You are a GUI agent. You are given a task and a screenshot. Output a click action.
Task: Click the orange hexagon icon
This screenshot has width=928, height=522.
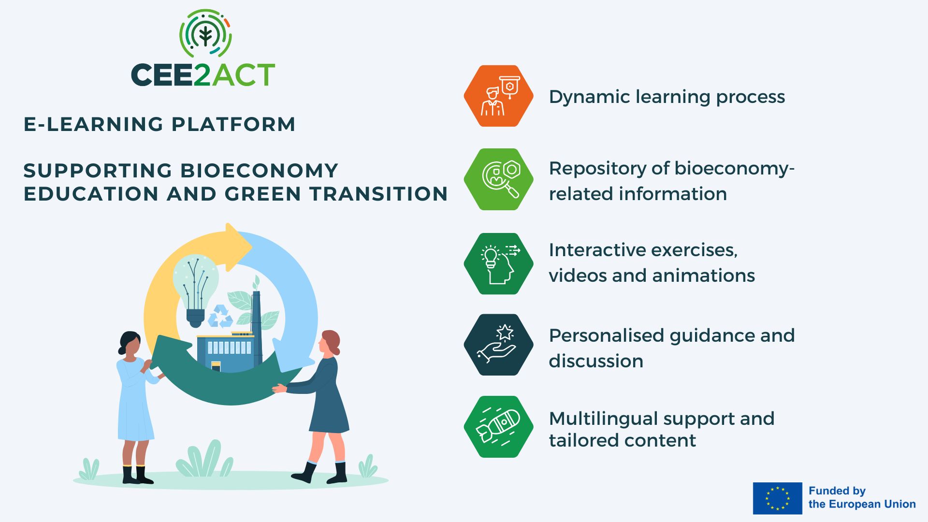(498, 96)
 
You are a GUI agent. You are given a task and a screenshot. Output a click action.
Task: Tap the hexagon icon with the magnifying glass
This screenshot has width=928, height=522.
(498, 179)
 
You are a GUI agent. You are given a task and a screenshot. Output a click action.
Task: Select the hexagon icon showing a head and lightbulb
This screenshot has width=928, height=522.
(498, 263)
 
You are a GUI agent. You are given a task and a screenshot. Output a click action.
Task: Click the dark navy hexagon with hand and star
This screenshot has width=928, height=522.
(498, 345)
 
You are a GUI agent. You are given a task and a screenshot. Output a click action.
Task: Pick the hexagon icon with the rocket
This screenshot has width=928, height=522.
(498, 427)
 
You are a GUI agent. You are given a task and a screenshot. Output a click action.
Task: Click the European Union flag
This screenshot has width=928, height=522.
(777, 498)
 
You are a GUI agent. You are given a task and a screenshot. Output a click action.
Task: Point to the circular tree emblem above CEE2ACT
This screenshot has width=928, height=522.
(205, 33)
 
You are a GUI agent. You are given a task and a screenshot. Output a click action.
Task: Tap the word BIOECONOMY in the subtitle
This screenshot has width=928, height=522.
(259, 171)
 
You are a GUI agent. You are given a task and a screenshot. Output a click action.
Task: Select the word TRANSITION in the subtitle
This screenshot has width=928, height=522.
(378, 194)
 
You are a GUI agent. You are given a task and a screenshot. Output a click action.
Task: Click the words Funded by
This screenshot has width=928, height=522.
(837, 491)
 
